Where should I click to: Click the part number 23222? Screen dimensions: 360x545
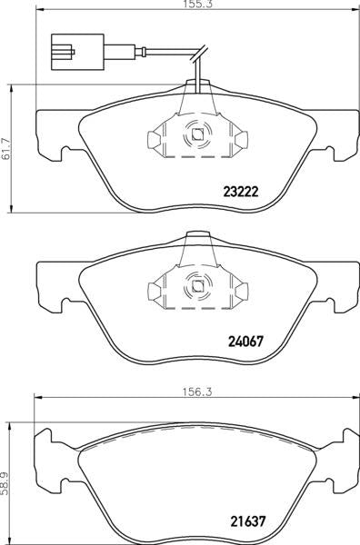[x=241, y=192]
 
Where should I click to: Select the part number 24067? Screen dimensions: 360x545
[x=245, y=342]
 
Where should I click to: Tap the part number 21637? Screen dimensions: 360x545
[x=248, y=520]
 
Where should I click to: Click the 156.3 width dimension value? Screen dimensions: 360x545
[x=197, y=392]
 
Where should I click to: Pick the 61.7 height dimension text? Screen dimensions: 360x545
[x=6, y=148]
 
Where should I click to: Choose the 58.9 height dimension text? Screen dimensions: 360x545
[x=5, y=483]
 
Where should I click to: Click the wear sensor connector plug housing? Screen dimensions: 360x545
[x=77, y=52]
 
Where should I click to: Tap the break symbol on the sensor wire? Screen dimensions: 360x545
[x=199, y=54]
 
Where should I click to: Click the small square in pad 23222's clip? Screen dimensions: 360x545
[x=197, y=134]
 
